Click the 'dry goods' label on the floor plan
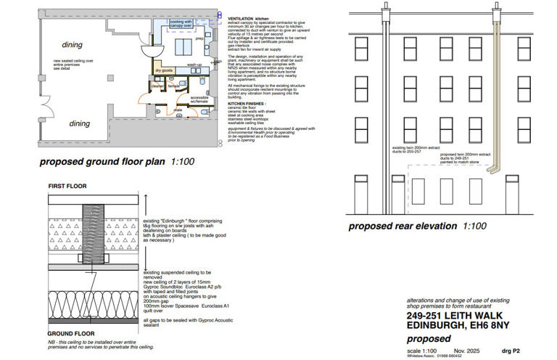164,70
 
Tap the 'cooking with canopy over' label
181,24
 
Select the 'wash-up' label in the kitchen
194,65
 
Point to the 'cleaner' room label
158,86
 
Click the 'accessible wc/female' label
199,99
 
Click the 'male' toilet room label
178,110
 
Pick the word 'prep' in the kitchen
198,38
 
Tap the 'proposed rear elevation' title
416,226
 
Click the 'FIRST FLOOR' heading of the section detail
67,187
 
